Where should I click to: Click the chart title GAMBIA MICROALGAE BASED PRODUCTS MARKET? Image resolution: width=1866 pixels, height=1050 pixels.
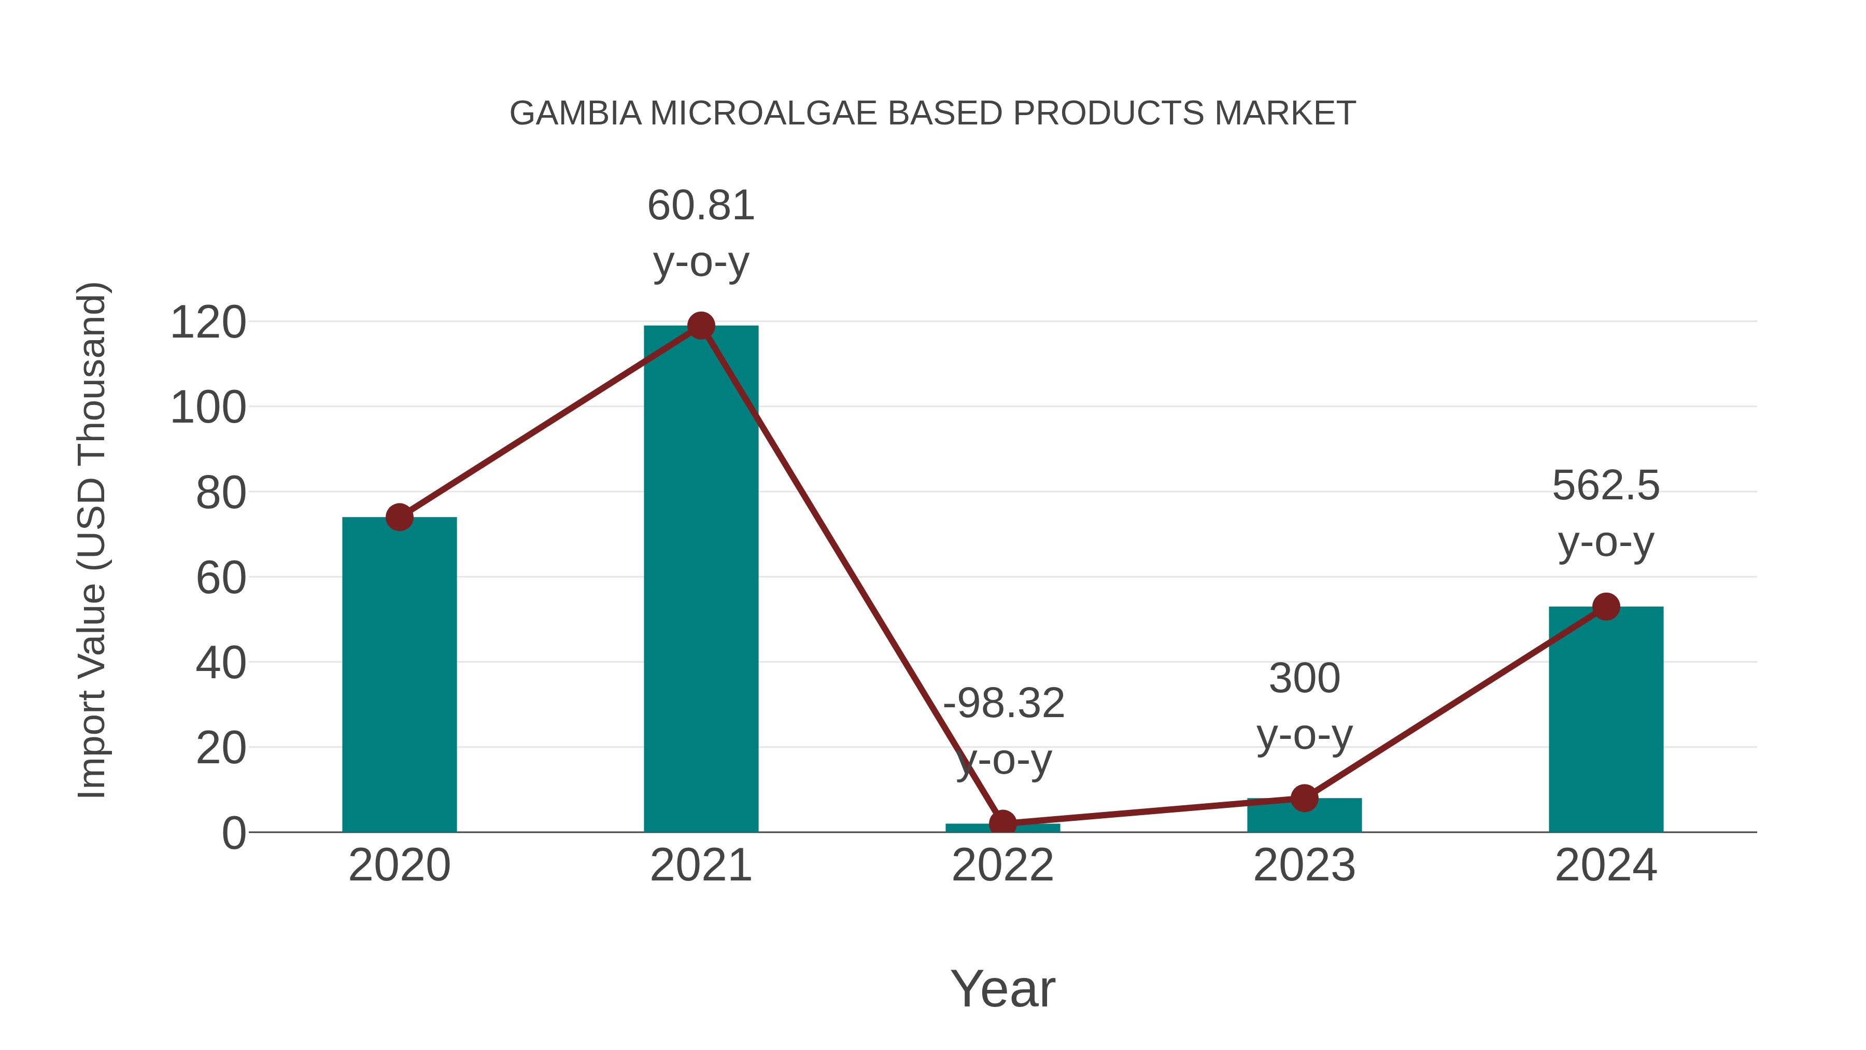click(932, 114)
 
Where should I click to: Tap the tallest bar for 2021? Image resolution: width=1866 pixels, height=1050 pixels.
click(700, 580)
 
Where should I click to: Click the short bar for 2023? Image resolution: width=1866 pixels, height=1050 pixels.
click(1304, 816)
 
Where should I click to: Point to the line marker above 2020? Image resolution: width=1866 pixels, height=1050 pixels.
click(399, 517)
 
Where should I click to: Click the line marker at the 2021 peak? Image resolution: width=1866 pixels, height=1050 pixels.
click(700, 326)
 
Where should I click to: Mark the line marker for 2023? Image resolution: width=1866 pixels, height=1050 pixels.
click(1304, 798)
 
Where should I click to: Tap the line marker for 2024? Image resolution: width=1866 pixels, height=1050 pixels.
click(1606, 607)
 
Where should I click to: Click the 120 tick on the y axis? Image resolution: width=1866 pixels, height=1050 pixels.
click(208, 323)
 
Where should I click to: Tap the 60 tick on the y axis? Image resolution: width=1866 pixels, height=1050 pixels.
click(220, 578)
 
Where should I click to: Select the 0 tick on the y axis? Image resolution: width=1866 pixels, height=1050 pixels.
click(233, 833)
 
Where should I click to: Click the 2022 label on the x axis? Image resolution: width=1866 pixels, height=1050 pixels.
click(1002, 866)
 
